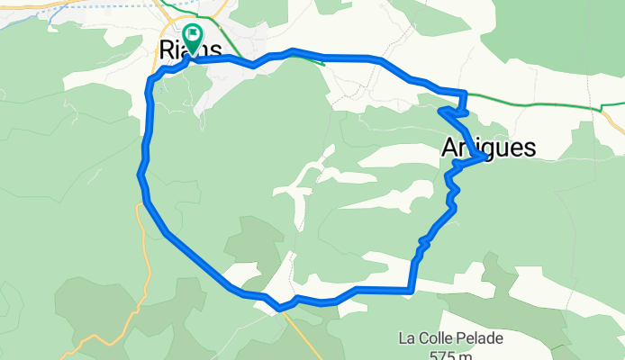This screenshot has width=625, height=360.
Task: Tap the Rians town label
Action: pos(189,50)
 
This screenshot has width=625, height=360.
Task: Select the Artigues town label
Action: pos(489,148)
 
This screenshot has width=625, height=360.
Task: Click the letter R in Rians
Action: pos(167,50)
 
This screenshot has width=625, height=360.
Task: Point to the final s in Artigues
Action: pos(530,148)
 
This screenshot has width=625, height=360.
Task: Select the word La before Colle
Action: pos(407,339)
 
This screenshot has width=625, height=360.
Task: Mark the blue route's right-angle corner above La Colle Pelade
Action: pos(411,290)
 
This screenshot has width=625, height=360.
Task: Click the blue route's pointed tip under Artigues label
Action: pos(486,157)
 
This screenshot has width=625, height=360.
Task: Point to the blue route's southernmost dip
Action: pos(281,308)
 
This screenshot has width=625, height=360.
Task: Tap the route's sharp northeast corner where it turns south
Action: pos(464,94)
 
